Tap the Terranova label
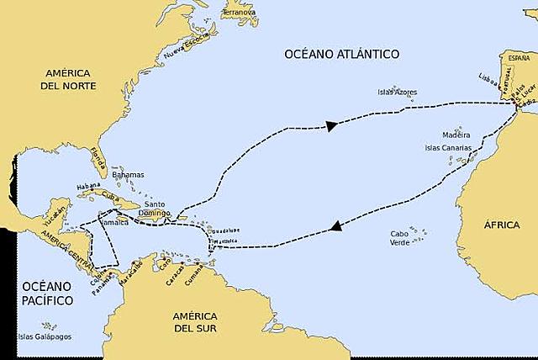click(x=240, y=13)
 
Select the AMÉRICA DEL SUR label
click(x=196, y=323)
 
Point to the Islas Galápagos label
click(x=44, y=336)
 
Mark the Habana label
click(x=89, y=186)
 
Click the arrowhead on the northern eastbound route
click(x=332, y=126)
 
